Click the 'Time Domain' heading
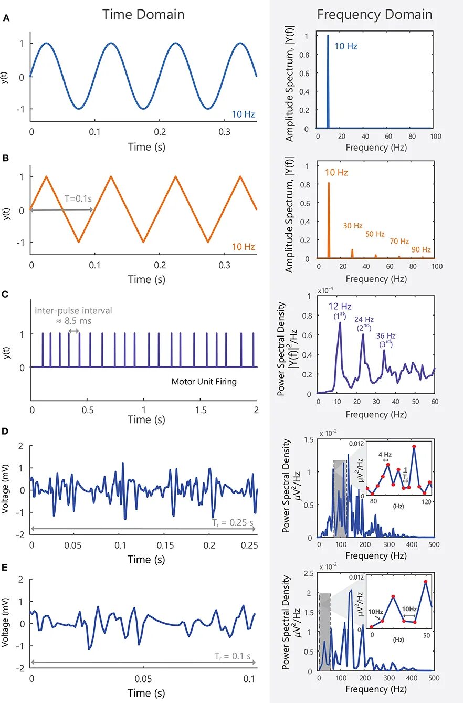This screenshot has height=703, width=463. point(143,15)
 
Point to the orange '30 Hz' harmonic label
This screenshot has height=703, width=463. point(353,226)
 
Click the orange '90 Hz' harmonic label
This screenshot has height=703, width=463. point(421,249)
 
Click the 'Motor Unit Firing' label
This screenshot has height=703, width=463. point(204,382)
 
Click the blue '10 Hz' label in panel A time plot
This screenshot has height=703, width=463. point(243,113)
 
